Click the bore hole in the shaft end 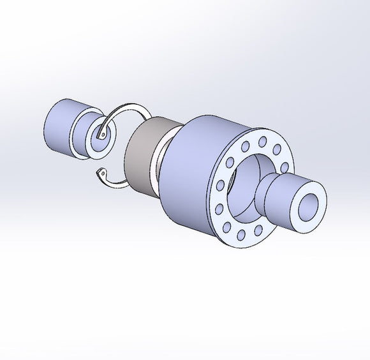311,208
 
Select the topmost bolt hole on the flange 262,140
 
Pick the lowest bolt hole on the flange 241,236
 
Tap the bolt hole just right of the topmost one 277,149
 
